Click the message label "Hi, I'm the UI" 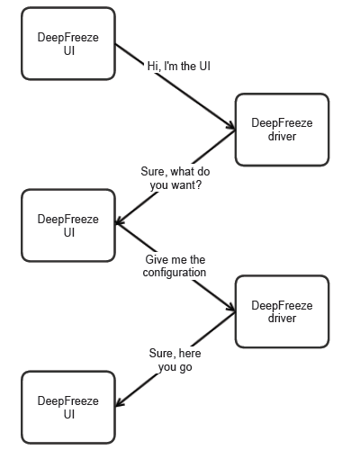pos(179,67)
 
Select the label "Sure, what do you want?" pos(175,178)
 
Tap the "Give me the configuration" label pos(175,266)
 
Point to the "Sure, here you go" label pos(175,360)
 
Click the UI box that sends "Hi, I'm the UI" pos(68,44)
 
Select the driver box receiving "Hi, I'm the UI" pos(282,130)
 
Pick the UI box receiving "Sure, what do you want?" pos(68,226)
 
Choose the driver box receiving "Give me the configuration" pos(282,311)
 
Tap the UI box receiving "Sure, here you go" pos(68,408)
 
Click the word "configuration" pos(175,273)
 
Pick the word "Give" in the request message pos(154,259)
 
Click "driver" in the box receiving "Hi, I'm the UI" pos(282,137)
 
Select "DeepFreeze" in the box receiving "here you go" pos(68,400)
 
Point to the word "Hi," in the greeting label pos(154,67)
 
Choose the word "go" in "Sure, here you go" pos(185,367)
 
